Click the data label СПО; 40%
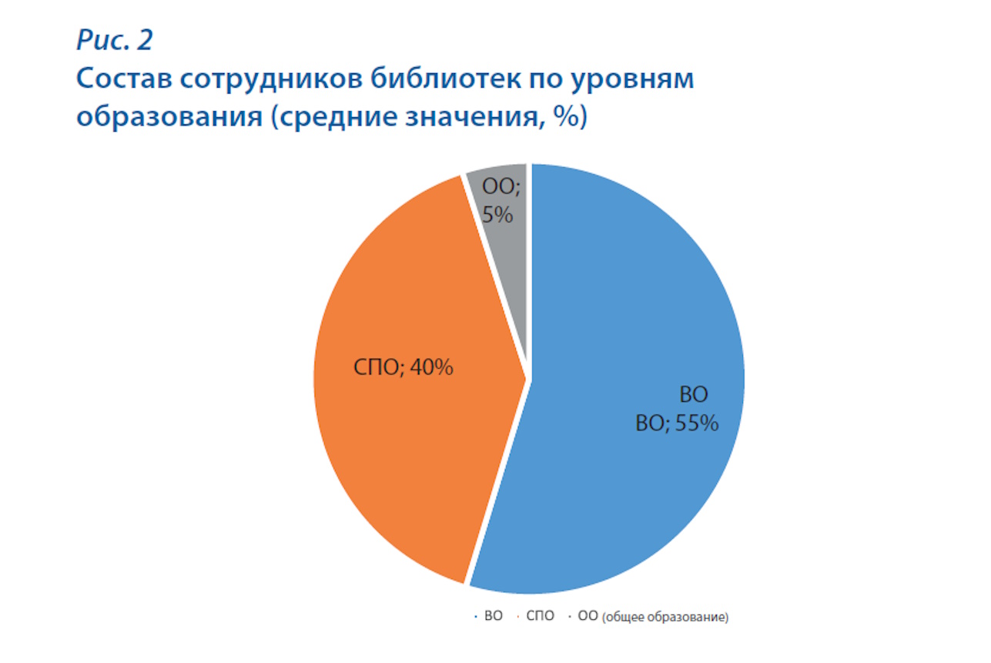(x=403, y=368)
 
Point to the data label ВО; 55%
(x=677, y=424)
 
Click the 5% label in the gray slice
(x=497, y=215)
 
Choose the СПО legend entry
(x=541, y=618)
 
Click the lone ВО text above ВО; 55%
(x=693, y=396)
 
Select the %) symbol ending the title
(x=571, y=119)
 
